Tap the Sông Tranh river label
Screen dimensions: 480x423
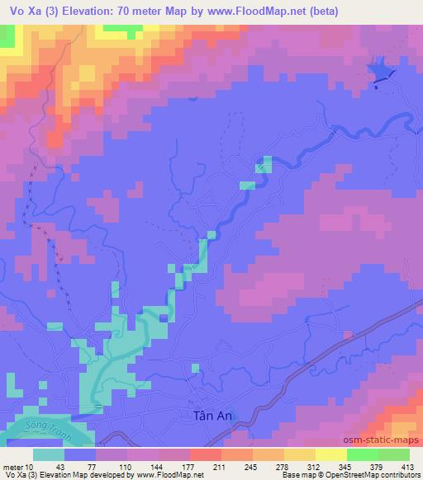[x=45, y=432]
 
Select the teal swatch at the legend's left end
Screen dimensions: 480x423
[x=48, y=454]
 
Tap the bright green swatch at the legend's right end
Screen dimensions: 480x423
[x=394, y=454]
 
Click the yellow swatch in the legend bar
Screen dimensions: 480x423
[x=331, y=454]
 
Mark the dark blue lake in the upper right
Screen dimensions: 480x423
[x=382, y=73]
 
